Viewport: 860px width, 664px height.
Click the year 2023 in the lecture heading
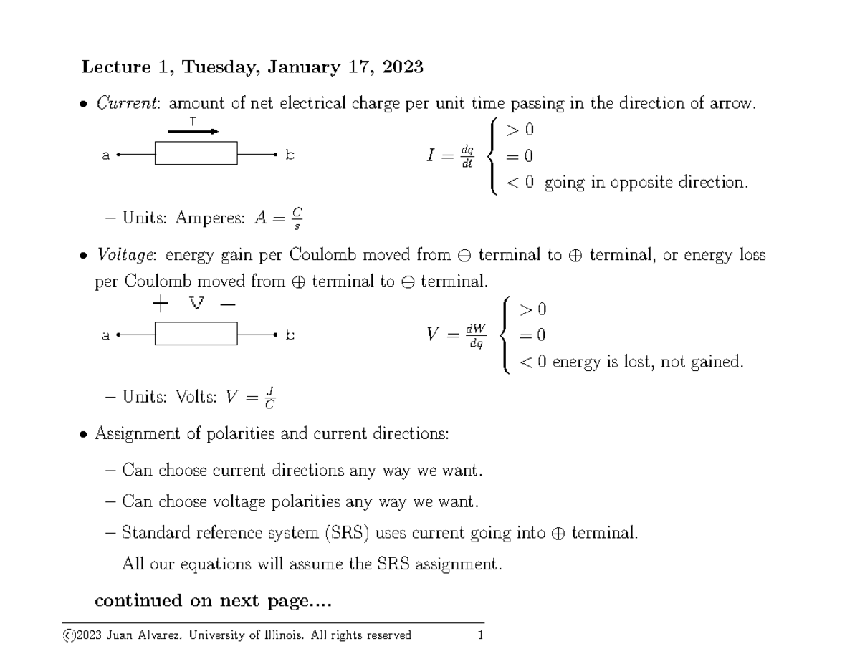click(403, 68)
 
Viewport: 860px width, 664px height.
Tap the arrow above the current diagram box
click(193, 132)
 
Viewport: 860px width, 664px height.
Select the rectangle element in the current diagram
click(196, 153)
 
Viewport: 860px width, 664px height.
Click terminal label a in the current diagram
click(105, 154)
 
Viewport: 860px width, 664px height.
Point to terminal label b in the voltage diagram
click(290, 334)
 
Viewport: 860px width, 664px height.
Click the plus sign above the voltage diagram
click(161, 304)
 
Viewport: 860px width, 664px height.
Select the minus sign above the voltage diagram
click(228, 304)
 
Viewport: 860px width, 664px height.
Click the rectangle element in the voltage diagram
click(196, 334)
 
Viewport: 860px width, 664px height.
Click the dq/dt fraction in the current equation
click(467, 155)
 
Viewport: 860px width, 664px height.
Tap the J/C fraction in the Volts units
click(269, 398)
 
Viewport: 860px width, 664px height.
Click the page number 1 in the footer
click(481, 635)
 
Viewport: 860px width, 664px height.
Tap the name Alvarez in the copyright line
click(158, 635)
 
